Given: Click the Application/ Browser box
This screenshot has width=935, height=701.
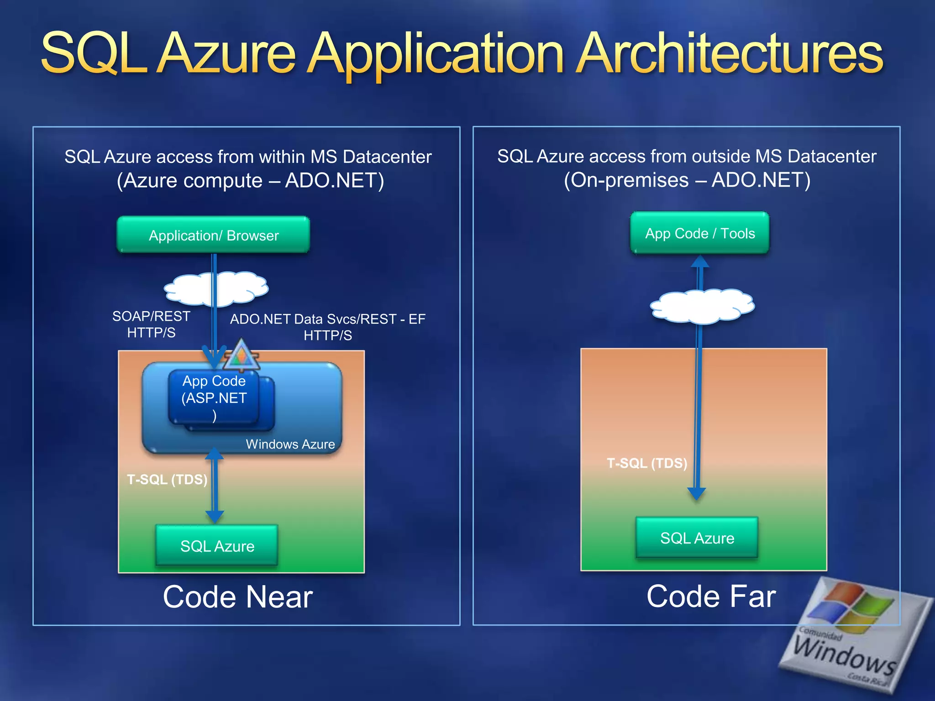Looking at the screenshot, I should click(213, 235).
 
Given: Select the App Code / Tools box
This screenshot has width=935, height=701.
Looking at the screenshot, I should click(699, 233).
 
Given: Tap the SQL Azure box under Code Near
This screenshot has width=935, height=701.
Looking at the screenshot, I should click(217, 546).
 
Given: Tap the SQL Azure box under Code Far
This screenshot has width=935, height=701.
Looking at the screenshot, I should click(697, 538).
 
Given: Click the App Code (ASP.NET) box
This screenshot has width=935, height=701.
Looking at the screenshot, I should click(214, 398).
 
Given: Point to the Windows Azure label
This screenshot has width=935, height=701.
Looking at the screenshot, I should click(290, 444).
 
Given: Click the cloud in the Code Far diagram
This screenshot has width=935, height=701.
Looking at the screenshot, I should click(702, 306).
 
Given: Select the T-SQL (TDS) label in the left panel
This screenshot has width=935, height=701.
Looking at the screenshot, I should click(167, 480).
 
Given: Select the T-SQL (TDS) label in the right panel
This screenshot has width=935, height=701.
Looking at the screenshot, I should click(646, 463).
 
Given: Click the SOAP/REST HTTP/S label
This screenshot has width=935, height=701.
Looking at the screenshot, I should click(151, 324).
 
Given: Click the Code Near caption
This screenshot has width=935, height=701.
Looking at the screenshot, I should click(237, 596).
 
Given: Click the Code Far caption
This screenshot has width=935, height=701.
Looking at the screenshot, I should click(711, 596).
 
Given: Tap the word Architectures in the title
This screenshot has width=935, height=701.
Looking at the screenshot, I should click(729, 55).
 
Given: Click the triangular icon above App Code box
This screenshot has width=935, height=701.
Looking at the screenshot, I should click(241, 355).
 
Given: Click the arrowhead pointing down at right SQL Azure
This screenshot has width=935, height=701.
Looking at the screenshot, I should click(697, 493).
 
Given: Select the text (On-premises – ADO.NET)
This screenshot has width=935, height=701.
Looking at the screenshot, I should click(687, 180).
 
